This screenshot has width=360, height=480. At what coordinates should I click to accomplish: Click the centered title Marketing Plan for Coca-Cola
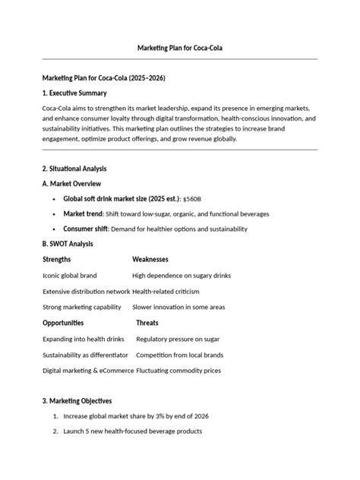pyautogui.click(x=179, y=48)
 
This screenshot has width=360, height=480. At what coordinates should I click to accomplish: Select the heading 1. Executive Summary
pyautogui.click(x=74, y=93)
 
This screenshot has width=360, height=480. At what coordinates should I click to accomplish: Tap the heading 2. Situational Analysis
pyautogui.click(x=74, y=168)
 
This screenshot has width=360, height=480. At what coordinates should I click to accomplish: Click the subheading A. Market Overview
pyautogui.click(x=72, y=184)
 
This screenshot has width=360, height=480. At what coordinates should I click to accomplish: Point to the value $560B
pyautogui.click(x=192, y=199)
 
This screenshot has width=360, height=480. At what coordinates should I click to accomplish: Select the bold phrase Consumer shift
pyautogui.click(x=86, y=229)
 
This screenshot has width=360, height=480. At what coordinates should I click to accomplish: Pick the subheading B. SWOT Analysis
pyautogui.click(x=68, y=244)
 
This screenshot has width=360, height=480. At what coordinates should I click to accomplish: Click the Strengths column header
pyautogui.click(x=58, y=260)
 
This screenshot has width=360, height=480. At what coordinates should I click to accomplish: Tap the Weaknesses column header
pyautogui.click(x=150, y=260)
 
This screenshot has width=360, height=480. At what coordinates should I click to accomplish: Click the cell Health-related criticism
pyautogui.click(x=167, y=291)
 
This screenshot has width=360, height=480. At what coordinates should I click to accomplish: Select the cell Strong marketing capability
pyautogui.click(x=82, y=307)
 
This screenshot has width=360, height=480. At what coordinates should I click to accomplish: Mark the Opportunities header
pyautogui.click(x=63, y=323)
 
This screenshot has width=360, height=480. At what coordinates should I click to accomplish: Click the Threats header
pyautogui.click(x=148, y=323)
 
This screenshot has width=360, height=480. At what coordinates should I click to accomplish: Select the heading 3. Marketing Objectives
pyautogui.click(x=77, y=400)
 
